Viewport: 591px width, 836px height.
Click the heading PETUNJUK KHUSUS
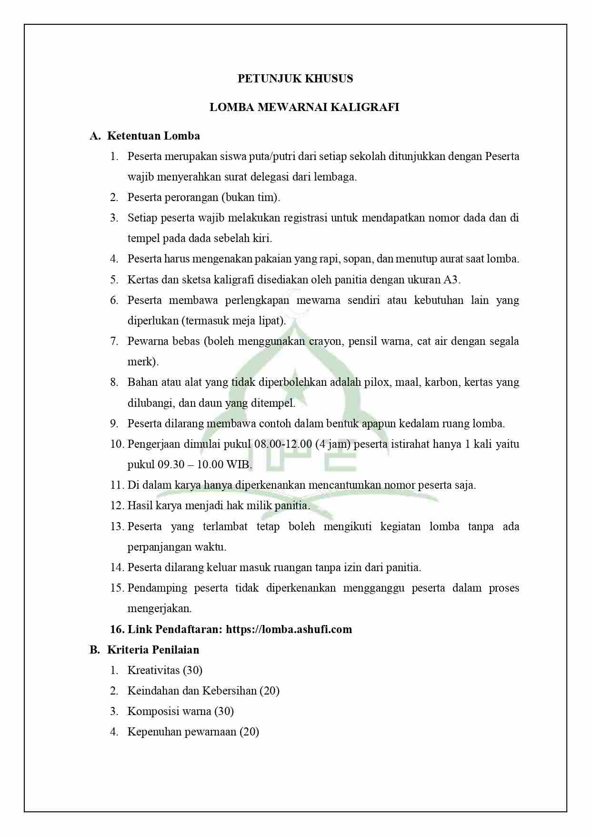click(x=295, y=79)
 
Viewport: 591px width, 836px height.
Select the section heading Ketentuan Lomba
click(x=153, y=136)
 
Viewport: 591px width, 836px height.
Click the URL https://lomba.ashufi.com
click(x=289, y=629)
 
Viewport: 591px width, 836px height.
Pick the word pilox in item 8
click(x=376, y=382)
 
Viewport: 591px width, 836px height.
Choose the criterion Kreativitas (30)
click(x=165, y=670)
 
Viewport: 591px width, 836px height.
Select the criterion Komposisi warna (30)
click(x=180, y=711)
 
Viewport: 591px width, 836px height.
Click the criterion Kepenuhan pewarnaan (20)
click(x=193, y=732)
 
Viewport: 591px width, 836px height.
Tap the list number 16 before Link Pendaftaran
click(x=117, y=629)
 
